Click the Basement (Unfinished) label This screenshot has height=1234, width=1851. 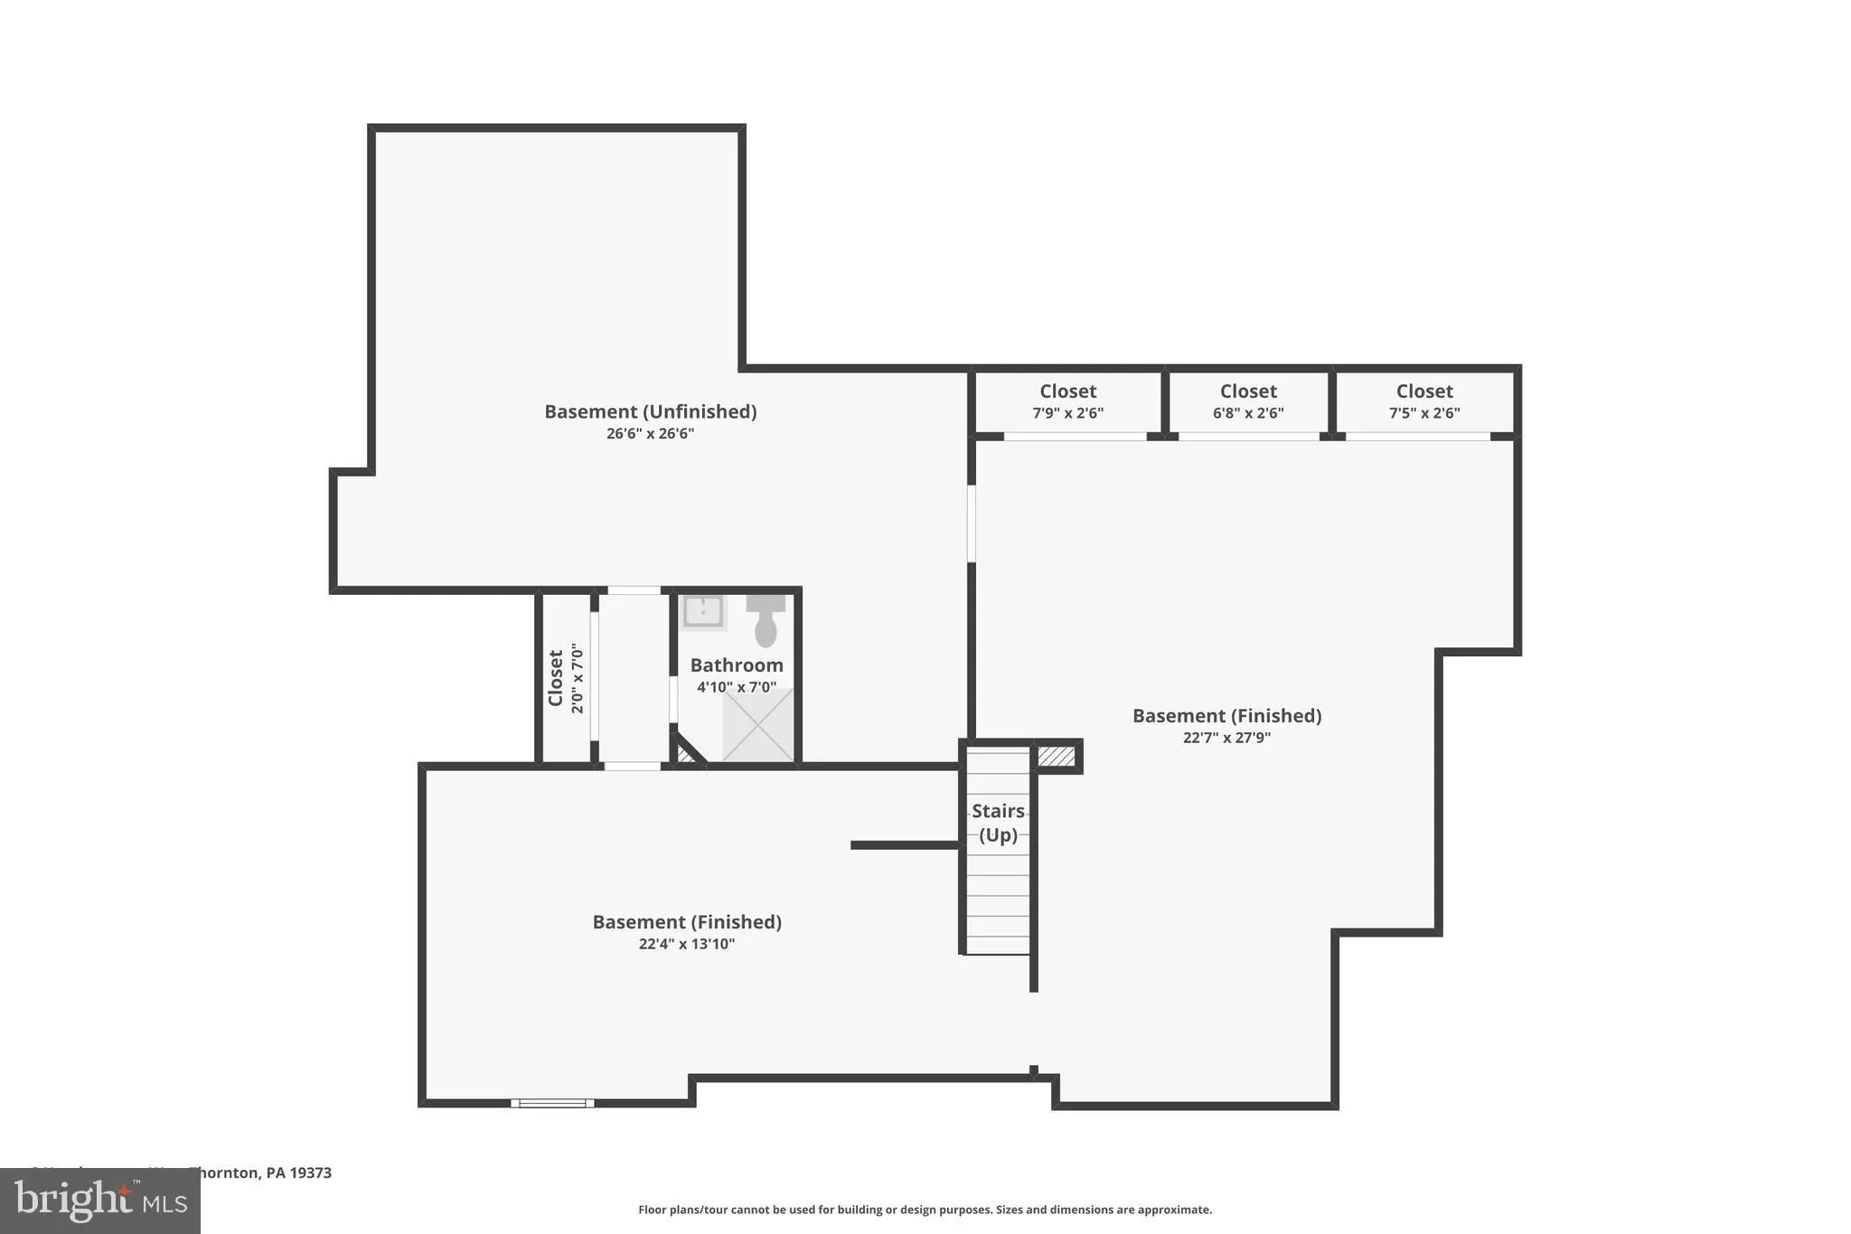point(650,411)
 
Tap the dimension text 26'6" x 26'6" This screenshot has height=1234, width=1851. point(650,434)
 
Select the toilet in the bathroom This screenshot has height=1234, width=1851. point(766,621)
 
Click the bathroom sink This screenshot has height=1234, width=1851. point(702,612)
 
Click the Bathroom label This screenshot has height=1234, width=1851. point(737,665)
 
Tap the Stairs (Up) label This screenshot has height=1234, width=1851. point(998,823)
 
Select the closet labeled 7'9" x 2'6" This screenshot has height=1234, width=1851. point(1067,401)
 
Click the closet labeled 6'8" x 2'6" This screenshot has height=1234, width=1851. point(1248,401)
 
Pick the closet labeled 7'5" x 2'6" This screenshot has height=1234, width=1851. point(1424,401)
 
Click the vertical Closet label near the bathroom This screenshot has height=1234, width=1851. point(556,678)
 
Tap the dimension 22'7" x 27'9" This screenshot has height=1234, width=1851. point(1226,738)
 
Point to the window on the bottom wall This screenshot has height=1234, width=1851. point(552,1103)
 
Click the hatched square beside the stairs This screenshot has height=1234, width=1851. point(1056,757)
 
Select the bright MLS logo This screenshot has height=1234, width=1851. point(99,1201)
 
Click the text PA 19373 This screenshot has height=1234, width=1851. point(298,1173)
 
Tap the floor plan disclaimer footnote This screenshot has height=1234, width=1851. point(925,1210)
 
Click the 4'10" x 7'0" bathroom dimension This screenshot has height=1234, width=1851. point(736,687)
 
